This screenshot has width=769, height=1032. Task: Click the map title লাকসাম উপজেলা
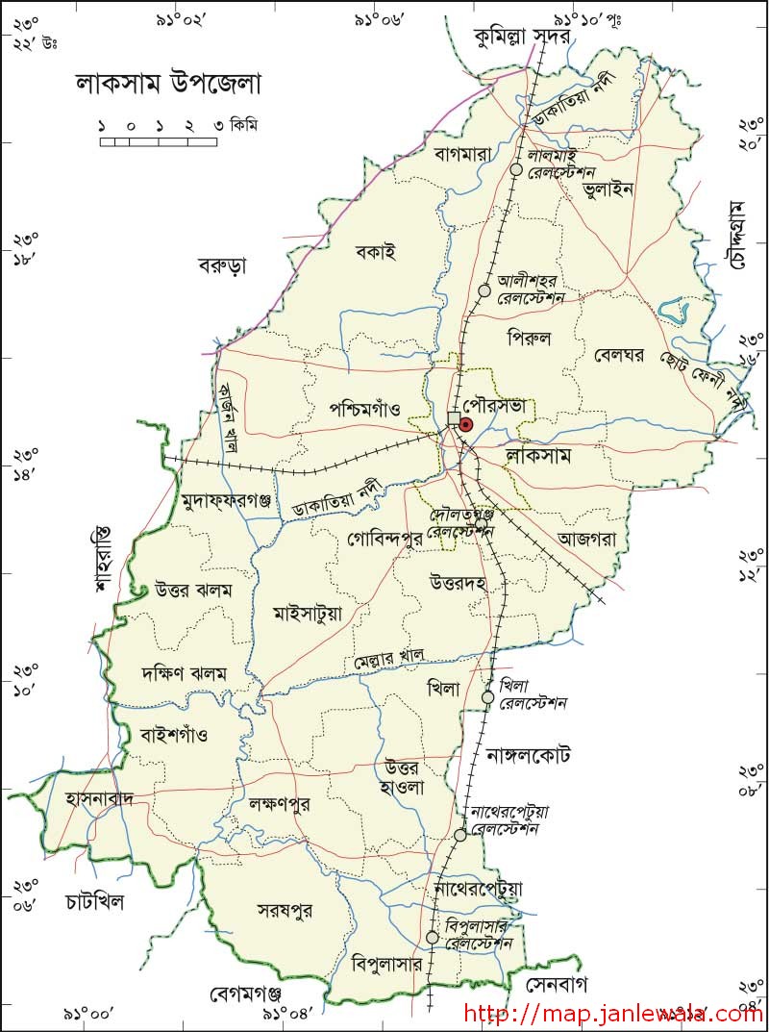[x=169, y=84]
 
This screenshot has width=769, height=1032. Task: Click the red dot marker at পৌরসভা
[x=466, y=424]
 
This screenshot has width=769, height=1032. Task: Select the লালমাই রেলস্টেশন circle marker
[x=516, y=169]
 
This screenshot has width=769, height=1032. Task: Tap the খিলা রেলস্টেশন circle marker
[x=487, y=697]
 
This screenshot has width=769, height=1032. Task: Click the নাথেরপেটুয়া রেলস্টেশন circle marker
[x=460, y=835]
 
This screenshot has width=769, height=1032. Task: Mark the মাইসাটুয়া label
[x=308, y=613]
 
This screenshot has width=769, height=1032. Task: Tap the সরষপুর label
[x=285, y=909]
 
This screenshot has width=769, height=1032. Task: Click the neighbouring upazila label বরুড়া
[x=223, y=264]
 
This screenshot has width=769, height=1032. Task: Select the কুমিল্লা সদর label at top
[x=524, y=37]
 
